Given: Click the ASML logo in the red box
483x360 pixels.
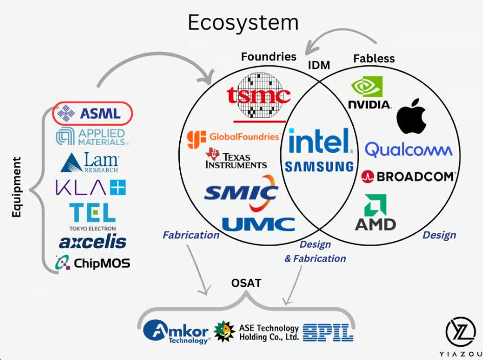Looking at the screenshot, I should [92, 113].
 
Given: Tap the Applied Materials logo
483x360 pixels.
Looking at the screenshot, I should [92, 136].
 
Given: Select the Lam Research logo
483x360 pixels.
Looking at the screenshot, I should [90, 162].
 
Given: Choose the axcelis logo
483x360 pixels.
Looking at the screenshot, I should [92, 241].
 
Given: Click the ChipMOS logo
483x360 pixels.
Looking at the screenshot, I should [92, 263].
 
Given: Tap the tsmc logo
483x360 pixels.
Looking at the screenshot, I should [259, 95].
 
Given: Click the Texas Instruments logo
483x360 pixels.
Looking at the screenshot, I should [236, 159].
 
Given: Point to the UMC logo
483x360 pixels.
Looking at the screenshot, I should [258, 224].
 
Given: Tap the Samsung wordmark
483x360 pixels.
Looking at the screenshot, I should [319, 166].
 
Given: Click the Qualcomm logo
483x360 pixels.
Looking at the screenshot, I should [408, 150].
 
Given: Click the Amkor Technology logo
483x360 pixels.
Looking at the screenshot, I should [176, 330].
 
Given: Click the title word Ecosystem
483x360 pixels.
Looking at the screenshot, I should [243, 22].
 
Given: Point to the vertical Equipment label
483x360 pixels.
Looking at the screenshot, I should [16, 187].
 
